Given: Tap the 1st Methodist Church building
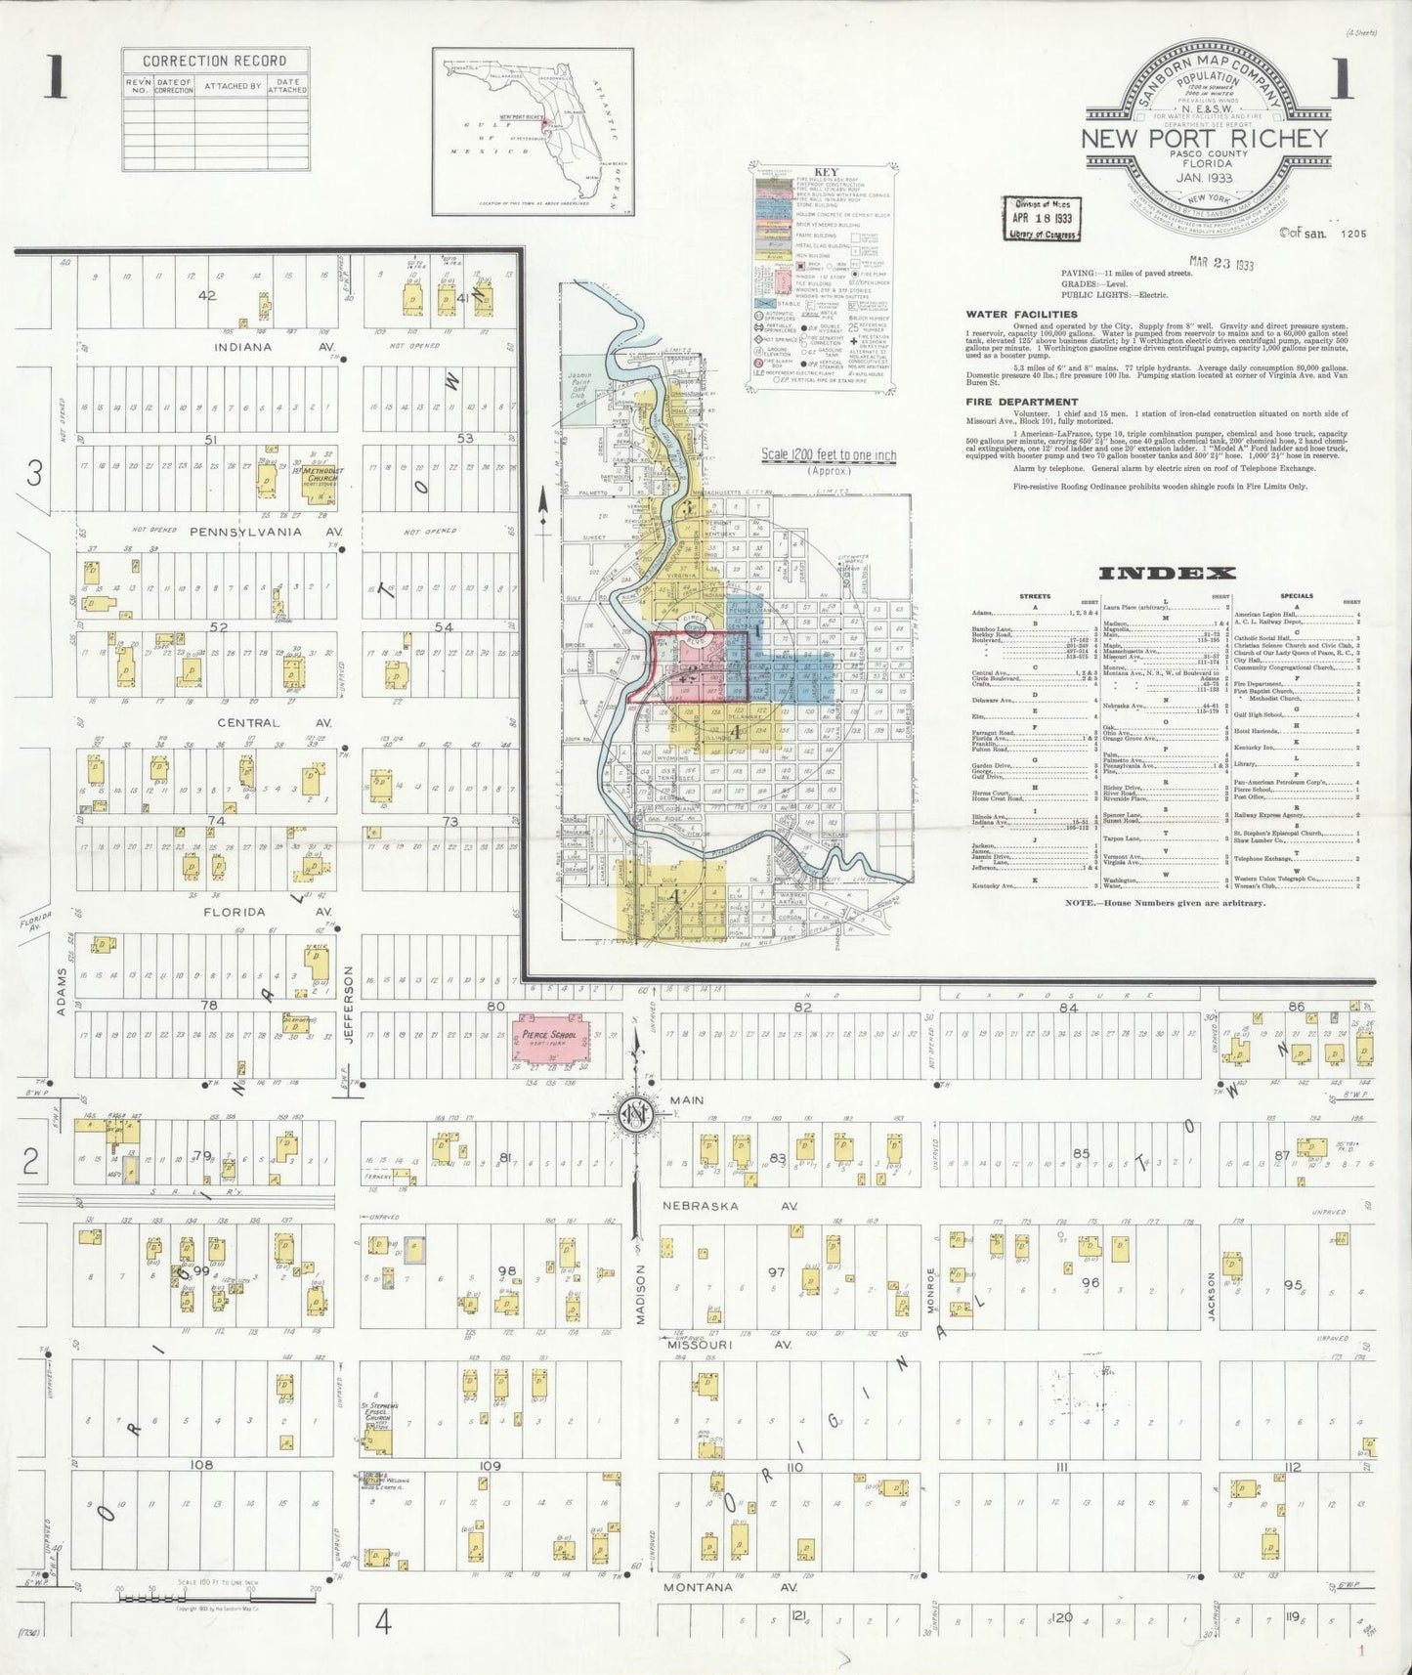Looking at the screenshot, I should pyautogui.click(x=317, y=477).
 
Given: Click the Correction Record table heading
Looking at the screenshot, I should pyautogui.click(x=215, y=61).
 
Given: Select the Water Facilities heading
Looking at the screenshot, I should pyautogui.click(x=1021, y=315).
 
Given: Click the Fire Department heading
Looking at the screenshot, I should pyautogui.click(x=1022, y=402).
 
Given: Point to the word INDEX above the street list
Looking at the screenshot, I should pyautogui.click(x=1167, y=574).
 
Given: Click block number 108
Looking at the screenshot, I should pyautogui.click(x=202, y=1465).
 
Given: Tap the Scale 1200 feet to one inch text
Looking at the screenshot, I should pyautogui.click(x=829, y=455).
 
